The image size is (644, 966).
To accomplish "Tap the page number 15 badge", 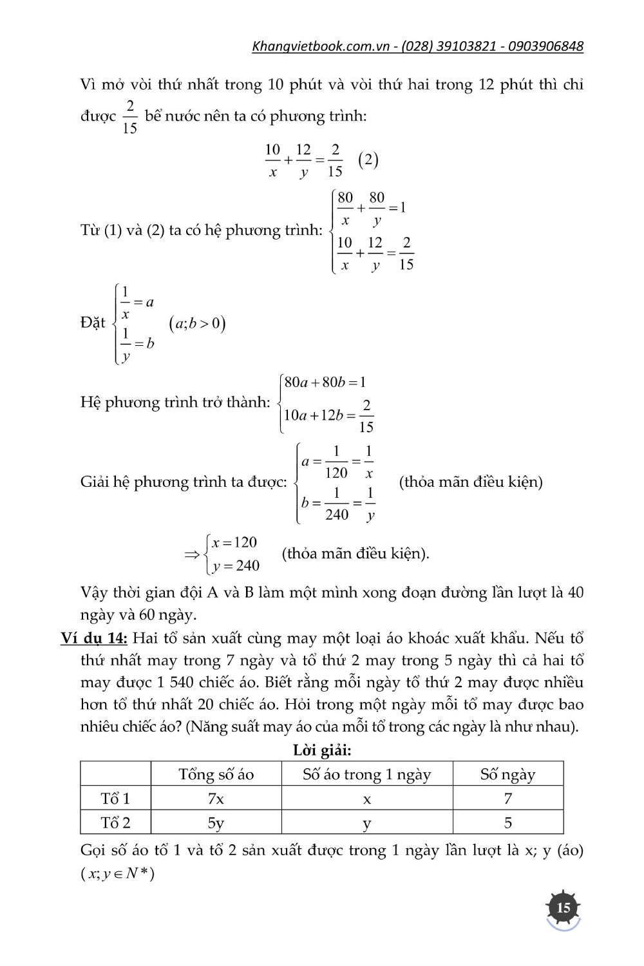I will (x=563, y=908).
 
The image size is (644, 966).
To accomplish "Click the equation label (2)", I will (x=368, y=160).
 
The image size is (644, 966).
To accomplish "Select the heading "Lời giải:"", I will (x=322, y=750).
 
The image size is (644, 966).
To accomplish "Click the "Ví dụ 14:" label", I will (x=94, y=638).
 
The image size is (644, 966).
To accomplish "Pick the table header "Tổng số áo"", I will (x=216, y=774).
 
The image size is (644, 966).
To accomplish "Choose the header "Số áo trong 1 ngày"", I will (x=366, y=774).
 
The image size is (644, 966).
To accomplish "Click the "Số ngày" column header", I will (x=507, y=774).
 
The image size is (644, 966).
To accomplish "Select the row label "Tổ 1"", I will (x=115, y=799).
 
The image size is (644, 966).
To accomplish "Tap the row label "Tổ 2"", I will (x=115, y=822).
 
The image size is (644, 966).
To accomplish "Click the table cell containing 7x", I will (x=216, y=799).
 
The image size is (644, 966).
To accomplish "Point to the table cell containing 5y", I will (x=216, y=823).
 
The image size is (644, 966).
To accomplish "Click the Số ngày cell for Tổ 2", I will (x=507, y=822).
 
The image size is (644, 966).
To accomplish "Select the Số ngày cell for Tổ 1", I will (x=507, y=799).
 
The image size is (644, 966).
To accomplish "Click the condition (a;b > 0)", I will (x=197, y=323).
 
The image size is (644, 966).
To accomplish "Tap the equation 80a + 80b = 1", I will (x=325, y=383).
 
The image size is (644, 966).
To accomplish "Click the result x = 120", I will (x=234, y=542).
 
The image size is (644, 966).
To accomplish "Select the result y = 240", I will (x=236, y=565).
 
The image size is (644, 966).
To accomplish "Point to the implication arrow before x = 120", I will (x=192, y=554).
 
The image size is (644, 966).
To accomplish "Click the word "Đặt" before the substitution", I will (x=93, y=323).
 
